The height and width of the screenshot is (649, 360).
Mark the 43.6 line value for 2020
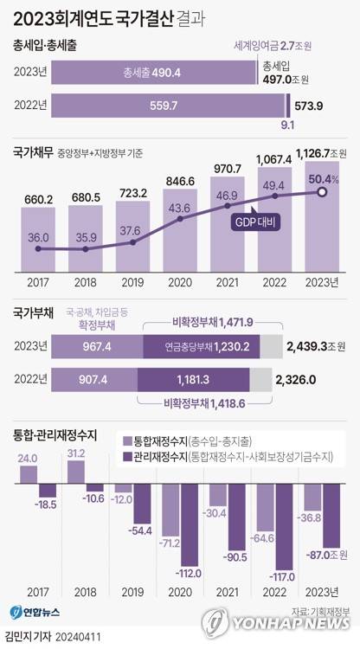pyautogui.click(x=180, y=208)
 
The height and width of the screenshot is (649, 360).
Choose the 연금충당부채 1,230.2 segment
pyautogui.click(x=211, y=347)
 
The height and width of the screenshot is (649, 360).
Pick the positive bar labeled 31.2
pyautogui.click(x=77, y=472)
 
